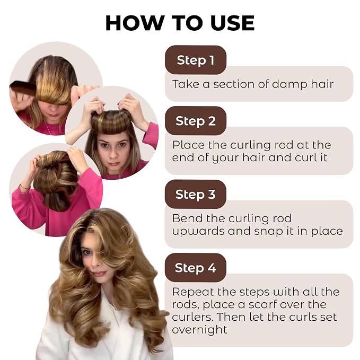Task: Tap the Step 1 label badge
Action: (196, 60)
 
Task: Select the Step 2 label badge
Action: (196, 121)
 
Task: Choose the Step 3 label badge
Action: (196, 194)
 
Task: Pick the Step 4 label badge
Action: (196, 268)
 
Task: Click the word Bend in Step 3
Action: (187, 218)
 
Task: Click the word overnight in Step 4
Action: (199, 330)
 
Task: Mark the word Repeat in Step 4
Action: (194, 292)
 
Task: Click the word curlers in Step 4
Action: (192, 317)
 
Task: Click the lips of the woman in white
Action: (99, 274)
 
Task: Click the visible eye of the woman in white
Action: (87, 252)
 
